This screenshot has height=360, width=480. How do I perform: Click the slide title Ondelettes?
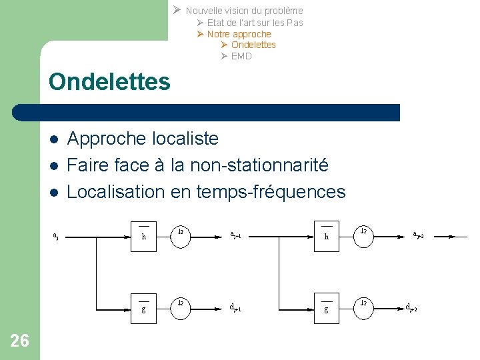click(x=109, y=82)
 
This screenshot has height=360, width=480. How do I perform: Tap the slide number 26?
click(x=20, y=341)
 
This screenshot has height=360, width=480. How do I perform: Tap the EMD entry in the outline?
click(x=241, y=56)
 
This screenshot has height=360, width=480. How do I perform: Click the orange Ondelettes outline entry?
click(x=253, y=45)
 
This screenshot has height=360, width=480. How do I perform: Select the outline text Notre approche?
click(x=239, y=34)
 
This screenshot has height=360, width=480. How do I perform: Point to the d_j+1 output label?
click(x=235, y=307)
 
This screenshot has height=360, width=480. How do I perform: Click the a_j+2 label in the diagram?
click(x=418, y=235)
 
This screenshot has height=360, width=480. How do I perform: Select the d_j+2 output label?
click(x=411, y=307)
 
